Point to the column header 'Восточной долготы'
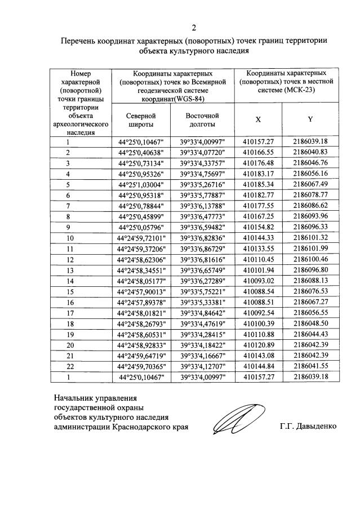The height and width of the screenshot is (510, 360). click(202, 120)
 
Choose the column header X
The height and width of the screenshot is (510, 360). click(258, 120)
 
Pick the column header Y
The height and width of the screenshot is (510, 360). click(310, 120)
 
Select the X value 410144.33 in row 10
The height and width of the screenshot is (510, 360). click(258, 238)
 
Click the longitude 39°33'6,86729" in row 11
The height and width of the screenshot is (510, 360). click(202, 249)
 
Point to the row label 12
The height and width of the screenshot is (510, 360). click(83, 259)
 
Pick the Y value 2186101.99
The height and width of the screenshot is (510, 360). click(310, 249)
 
